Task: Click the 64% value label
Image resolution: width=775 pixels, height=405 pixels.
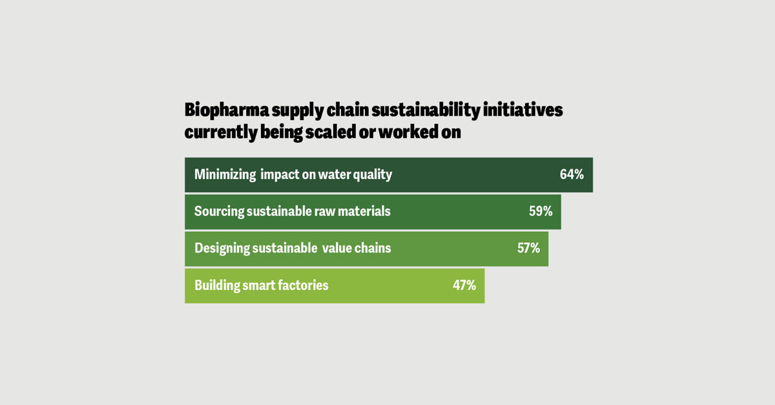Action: pos(572,174)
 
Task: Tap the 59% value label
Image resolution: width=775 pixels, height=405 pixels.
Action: pos(541,211)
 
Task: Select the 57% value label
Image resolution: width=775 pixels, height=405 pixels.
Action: pos(528,248)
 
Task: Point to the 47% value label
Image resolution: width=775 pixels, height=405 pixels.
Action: pos(464,285)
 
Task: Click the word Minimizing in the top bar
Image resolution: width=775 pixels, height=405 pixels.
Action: pos(225,174)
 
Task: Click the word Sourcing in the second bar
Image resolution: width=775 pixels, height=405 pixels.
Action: pos(219,211)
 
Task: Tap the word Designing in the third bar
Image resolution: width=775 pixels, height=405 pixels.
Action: pos(222,248)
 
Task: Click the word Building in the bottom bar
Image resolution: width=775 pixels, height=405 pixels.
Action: pos(216,285)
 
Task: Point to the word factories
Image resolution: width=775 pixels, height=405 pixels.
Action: pos(303,285)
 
